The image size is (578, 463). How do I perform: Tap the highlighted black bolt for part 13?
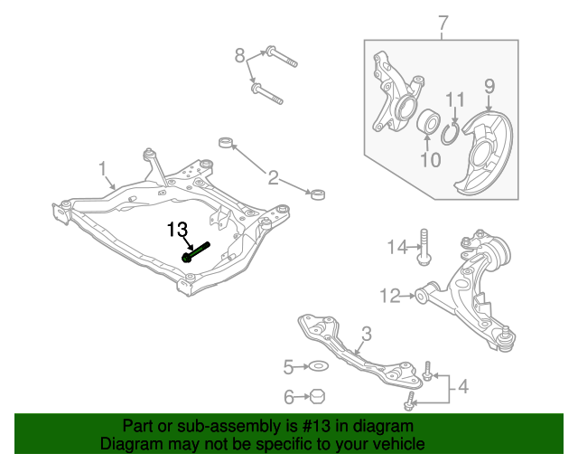[x=197, y=251]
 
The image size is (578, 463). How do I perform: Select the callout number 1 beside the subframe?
[x=103, y=168]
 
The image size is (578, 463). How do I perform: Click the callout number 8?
[x=240, y=56]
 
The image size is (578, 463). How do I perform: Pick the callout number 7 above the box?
[x=442, y=23]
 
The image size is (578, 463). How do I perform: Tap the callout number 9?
[x=489, y=87]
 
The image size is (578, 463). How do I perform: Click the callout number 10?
[x=430, y=161]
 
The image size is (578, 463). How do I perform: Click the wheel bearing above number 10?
[x=428, y=121]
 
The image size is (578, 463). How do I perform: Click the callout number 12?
[x=390, y=295]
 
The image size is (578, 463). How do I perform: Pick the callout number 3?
[x=366, y=334]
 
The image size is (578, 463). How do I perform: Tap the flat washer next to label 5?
[x=318, y=366]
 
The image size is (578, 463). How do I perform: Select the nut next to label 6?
[x=318, y=396]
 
